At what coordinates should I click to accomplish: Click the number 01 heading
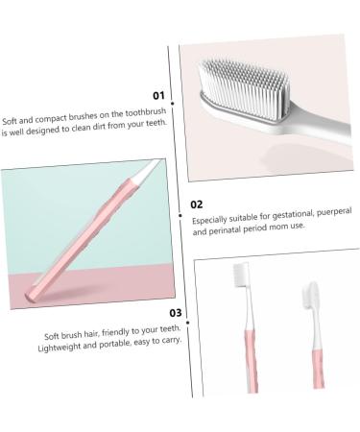tap(159, 95)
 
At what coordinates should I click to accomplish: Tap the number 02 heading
tap(196, 204)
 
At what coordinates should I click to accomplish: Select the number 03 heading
tap(175, 313)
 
